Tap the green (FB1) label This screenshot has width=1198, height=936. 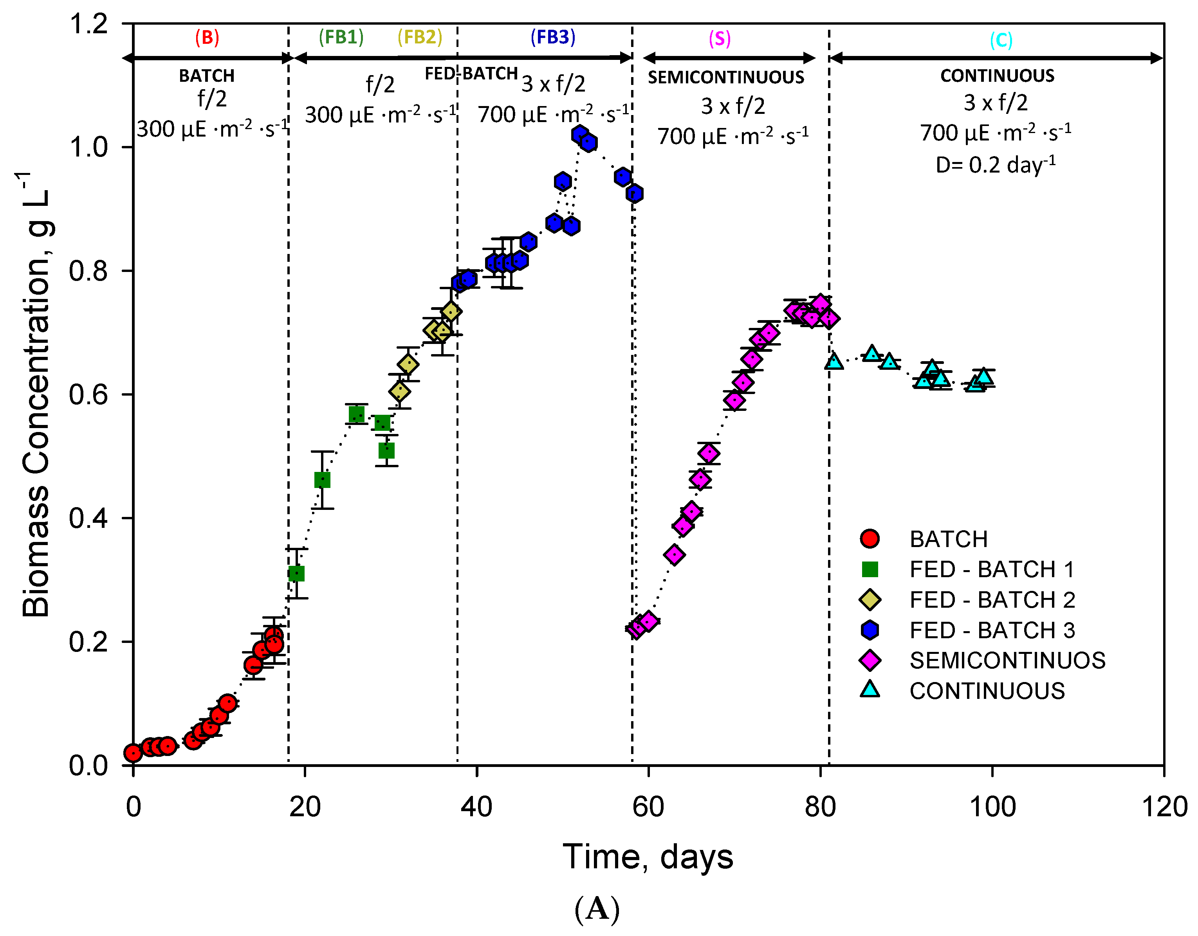pos(341,37)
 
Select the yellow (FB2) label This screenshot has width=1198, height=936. pos(420,37)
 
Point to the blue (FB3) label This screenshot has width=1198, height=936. pos(552,37)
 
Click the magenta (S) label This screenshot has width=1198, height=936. pos(719,38)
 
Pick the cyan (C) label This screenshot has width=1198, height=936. pos(1001,40)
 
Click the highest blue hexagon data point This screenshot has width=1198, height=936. pos(579,134)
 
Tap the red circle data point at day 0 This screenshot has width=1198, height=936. pos(133,753)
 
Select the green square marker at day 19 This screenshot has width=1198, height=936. pos(296,574)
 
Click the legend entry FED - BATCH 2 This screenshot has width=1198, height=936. pos(992,600)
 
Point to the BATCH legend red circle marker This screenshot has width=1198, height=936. pos(870,539)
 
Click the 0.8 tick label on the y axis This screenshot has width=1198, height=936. pos(88,271)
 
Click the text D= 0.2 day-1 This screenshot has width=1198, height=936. pos(995,164)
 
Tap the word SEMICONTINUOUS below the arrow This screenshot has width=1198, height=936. pos(726,77)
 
